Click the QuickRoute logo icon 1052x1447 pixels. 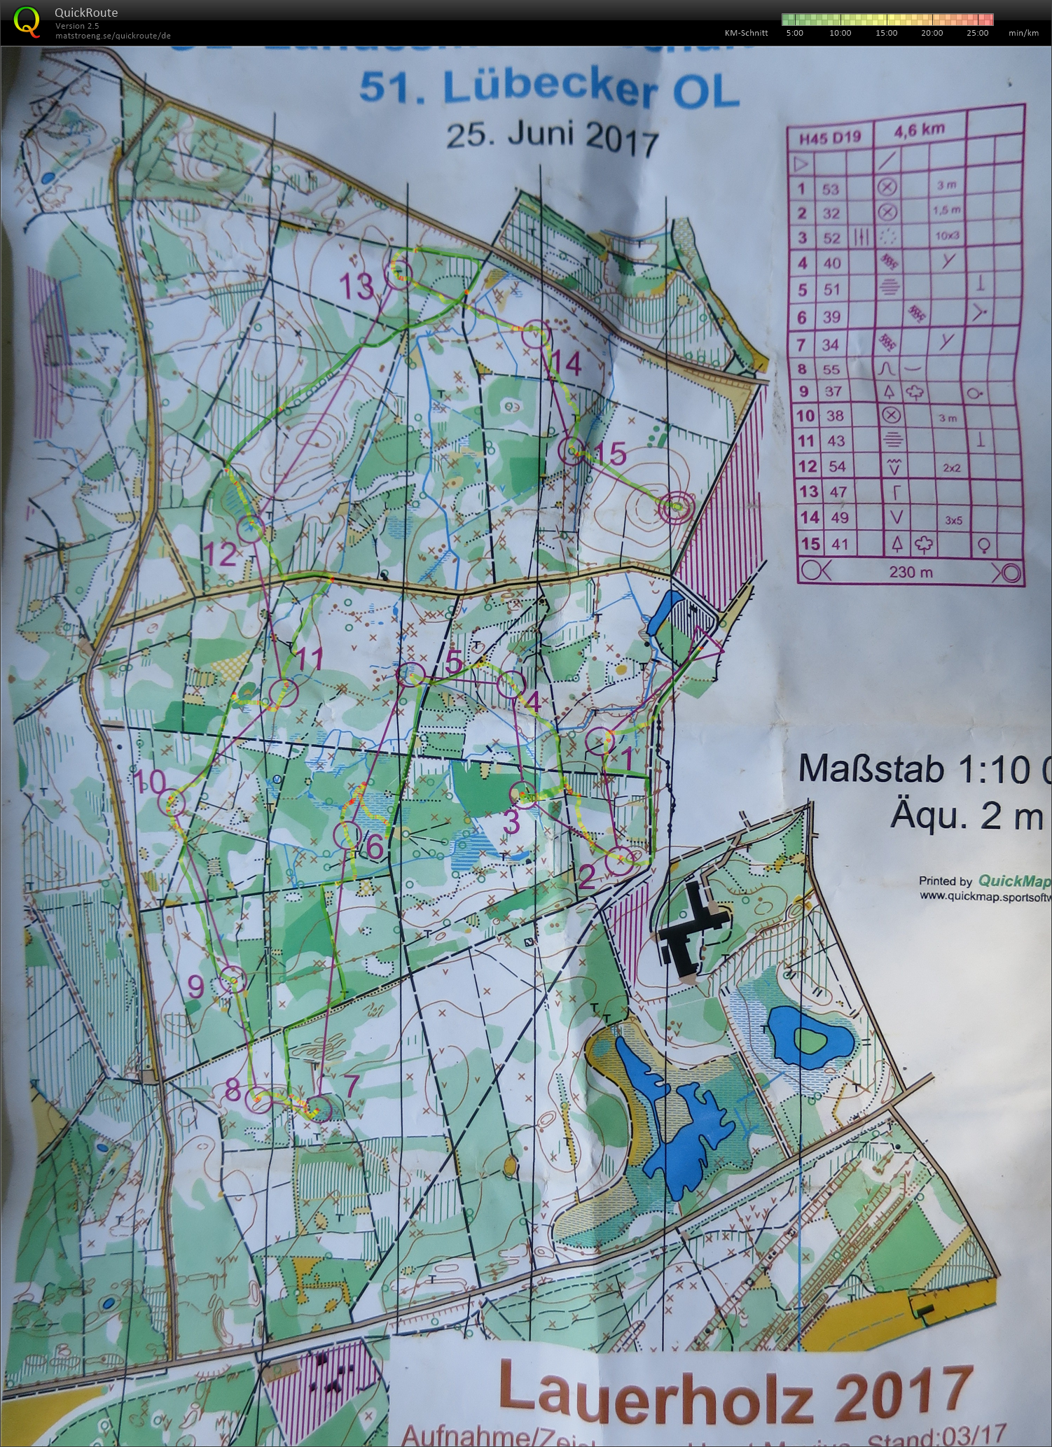tap(27, 20)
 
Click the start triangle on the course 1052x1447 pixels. tap(709, 645)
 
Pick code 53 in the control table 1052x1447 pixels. tap(831, 189)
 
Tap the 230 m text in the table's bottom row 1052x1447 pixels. tap(911, 572)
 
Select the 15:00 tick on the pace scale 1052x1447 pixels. tap(886, 33)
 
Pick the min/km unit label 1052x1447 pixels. tap(1023, 33)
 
